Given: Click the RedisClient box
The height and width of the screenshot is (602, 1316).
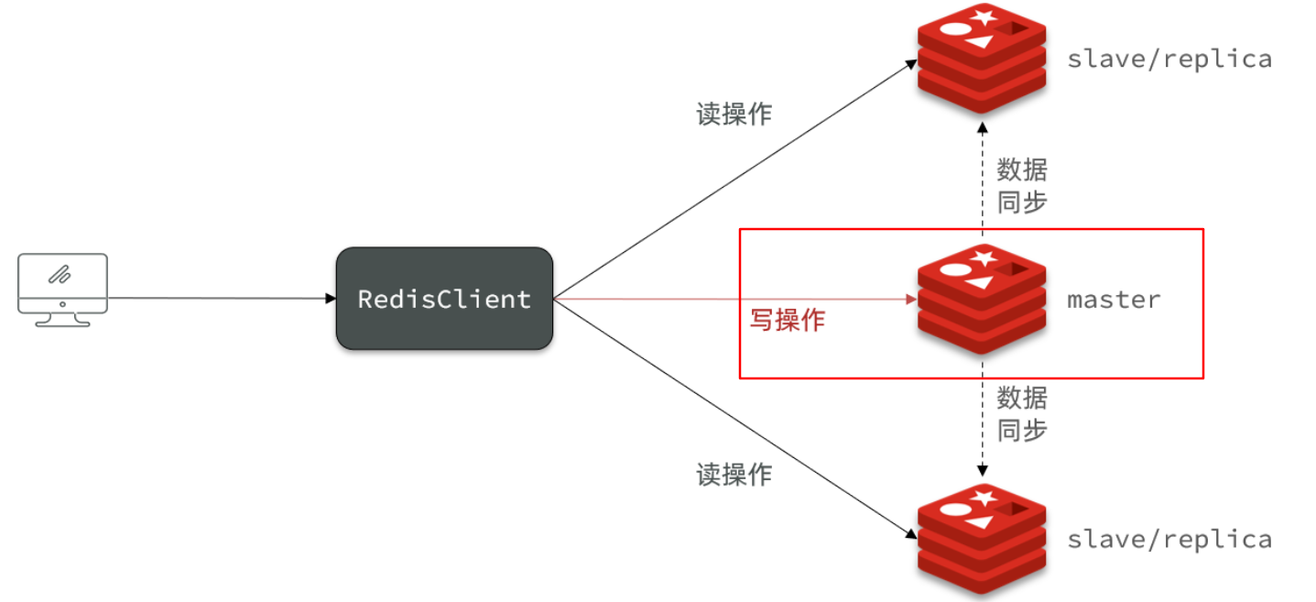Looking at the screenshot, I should tap(444, 299).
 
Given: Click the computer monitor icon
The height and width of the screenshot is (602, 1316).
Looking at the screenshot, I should tap(62, 288).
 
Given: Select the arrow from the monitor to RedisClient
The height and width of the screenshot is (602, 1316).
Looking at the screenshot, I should tap(220, 298).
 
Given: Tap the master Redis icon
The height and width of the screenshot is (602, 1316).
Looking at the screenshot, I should tap(981, 299).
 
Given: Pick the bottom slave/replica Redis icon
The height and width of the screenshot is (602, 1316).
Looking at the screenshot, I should tap(981, 540).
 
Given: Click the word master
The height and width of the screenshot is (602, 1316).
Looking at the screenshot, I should tap(1114, 299).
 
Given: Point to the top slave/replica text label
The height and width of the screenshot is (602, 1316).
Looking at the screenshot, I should tap(1169, 59).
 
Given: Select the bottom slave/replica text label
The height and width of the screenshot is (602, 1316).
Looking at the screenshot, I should tap(1169, 539).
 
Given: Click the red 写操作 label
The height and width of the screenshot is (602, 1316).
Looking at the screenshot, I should tap(788, 320).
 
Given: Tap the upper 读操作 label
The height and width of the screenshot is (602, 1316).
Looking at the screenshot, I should tap(734, 114).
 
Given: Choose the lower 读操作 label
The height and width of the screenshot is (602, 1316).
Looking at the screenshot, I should tap(734, 474).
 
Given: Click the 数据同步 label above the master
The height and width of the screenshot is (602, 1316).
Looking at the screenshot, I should tap(1021, 186).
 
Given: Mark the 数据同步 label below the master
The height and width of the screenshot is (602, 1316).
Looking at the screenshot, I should tap(1021, 413).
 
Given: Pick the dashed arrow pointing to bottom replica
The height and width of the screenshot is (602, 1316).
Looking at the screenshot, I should tap(983, 431).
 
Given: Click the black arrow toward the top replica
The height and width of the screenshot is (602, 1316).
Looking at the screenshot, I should tap(733, 180).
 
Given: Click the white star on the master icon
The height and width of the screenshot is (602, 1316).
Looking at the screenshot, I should tap(985, 256).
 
